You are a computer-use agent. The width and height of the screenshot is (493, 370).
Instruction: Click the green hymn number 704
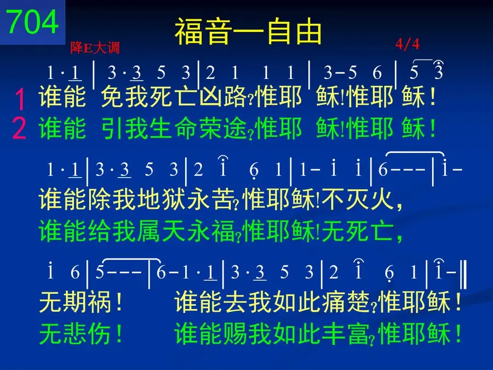click(32, 21)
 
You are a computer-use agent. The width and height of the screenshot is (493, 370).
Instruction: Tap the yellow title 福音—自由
click(248, 31)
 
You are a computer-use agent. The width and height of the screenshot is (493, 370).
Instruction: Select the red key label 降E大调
click(95, 48)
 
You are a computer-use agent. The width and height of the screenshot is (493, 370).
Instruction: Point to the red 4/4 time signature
click(408, 44)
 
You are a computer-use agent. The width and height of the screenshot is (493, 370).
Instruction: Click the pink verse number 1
click(20, 99)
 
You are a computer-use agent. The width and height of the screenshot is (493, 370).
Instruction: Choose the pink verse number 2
click(19, 128)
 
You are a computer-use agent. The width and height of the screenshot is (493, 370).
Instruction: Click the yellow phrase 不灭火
click(358, 200)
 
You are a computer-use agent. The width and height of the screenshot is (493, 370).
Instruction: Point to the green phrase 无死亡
click(358, 231)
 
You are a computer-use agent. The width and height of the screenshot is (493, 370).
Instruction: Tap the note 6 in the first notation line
click(377, 72)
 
